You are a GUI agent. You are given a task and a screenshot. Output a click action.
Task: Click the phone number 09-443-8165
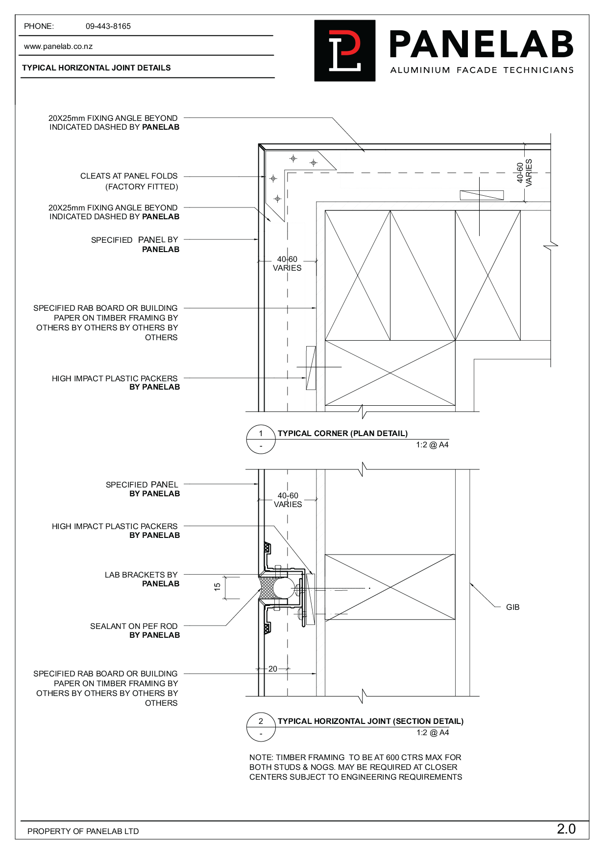tap(108, 26)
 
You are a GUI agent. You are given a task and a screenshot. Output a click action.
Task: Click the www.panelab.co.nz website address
tap(58, 46)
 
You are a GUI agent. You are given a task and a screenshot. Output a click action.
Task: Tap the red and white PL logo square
tap(344, 50)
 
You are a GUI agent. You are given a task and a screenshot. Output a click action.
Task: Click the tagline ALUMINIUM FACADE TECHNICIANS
tap(482, 70)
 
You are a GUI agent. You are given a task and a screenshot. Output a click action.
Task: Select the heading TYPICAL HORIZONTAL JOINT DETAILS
tap(96, 68)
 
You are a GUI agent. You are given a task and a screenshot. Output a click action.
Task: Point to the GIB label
tap(512, 607)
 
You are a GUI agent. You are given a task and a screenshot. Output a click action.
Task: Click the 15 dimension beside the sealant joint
tap(218, 587)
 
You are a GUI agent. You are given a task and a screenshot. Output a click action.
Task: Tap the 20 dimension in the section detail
tap(273, 669)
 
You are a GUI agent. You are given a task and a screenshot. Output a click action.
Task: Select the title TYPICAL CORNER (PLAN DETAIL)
tap(342, 434)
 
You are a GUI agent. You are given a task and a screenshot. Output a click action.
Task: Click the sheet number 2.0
tap(566, 829)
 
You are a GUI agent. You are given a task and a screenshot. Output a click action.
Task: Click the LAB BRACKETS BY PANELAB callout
tap(142, 580)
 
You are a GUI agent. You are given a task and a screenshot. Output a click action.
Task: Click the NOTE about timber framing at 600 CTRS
tap(355, 767)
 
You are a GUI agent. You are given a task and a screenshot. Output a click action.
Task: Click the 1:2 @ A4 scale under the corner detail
tap(432, 445)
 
